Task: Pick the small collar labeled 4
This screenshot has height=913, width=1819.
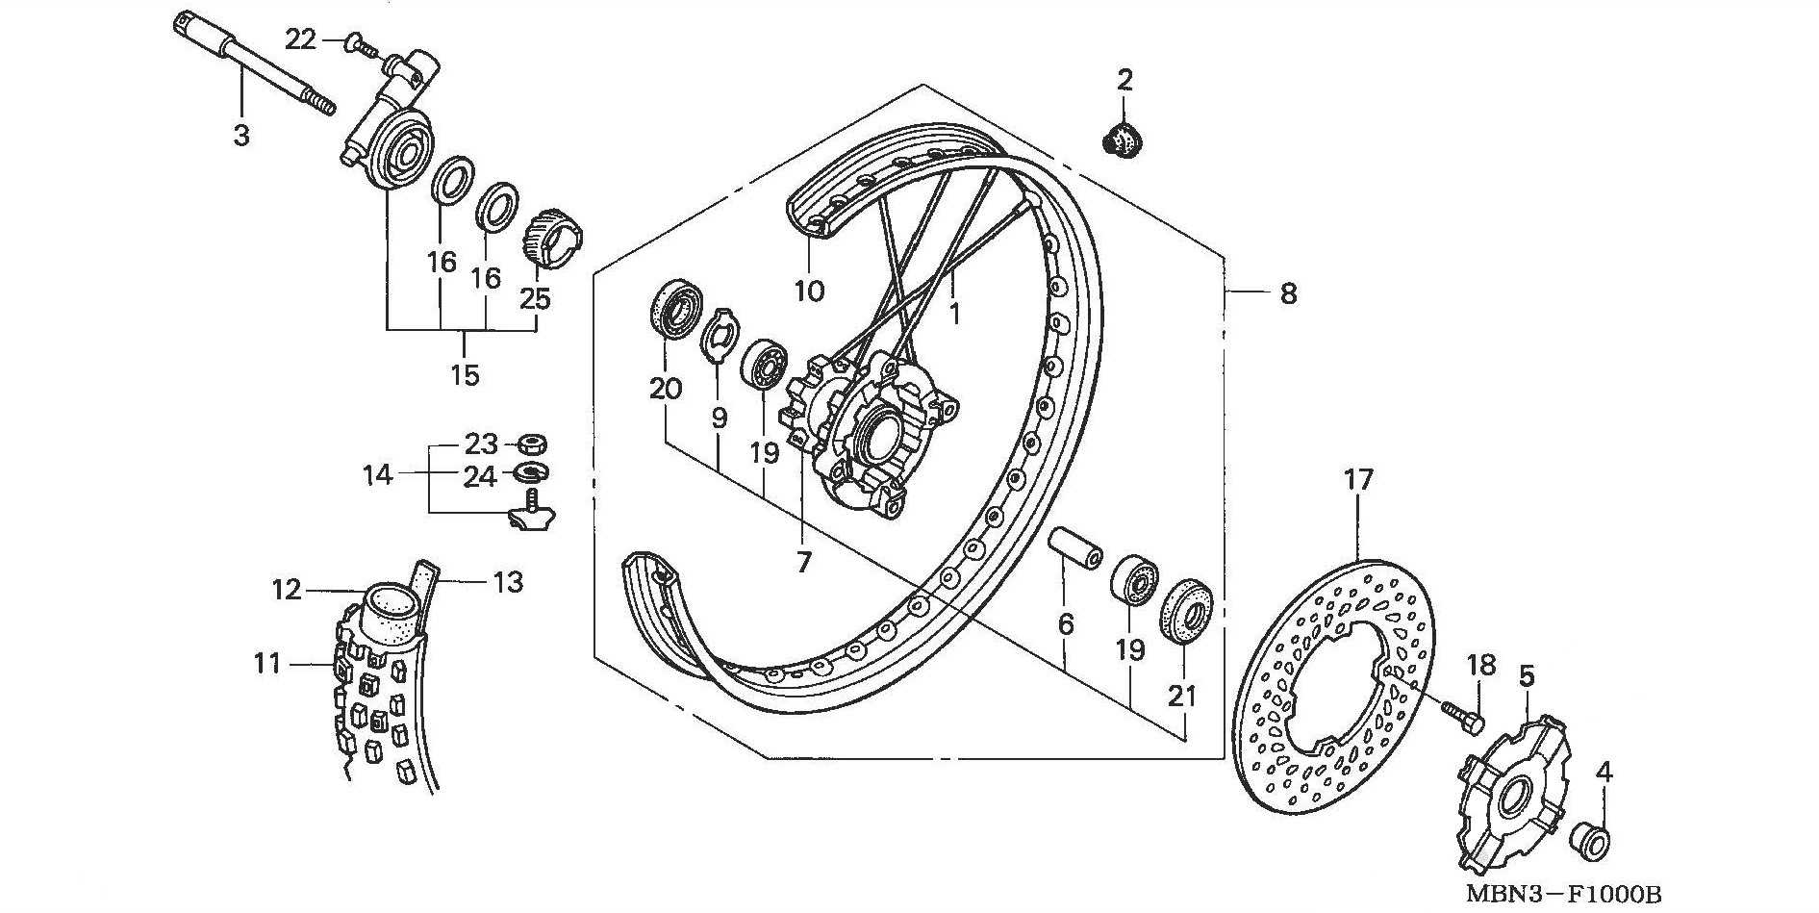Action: pos(1590,839)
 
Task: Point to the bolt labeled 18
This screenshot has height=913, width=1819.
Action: pos(1460,714)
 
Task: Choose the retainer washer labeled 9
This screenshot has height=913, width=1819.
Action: pos(720,336)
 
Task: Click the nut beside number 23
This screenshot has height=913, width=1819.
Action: pos(532,444)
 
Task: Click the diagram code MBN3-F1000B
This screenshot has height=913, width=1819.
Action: pos(1564,895)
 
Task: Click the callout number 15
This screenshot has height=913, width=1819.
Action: pos(465,374)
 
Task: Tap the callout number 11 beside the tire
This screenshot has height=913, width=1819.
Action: pos(266,663)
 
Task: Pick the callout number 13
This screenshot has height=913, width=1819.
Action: pos(508,581)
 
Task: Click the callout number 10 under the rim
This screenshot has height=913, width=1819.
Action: pos(810,291)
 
